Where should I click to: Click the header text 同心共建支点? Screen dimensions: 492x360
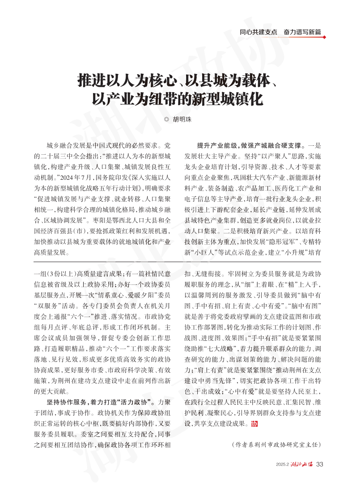tap(258, 32)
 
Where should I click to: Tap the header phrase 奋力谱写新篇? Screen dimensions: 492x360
tap(302, 32)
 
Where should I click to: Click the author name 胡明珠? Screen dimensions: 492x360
tap(182, 120)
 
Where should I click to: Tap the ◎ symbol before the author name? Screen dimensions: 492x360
tap(167, 120)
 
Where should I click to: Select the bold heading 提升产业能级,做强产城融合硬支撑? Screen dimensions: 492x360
tap(249, 145)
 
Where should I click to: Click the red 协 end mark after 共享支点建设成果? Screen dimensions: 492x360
tap(255, 424)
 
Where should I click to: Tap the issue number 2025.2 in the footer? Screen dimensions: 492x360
tap(283, 464)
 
